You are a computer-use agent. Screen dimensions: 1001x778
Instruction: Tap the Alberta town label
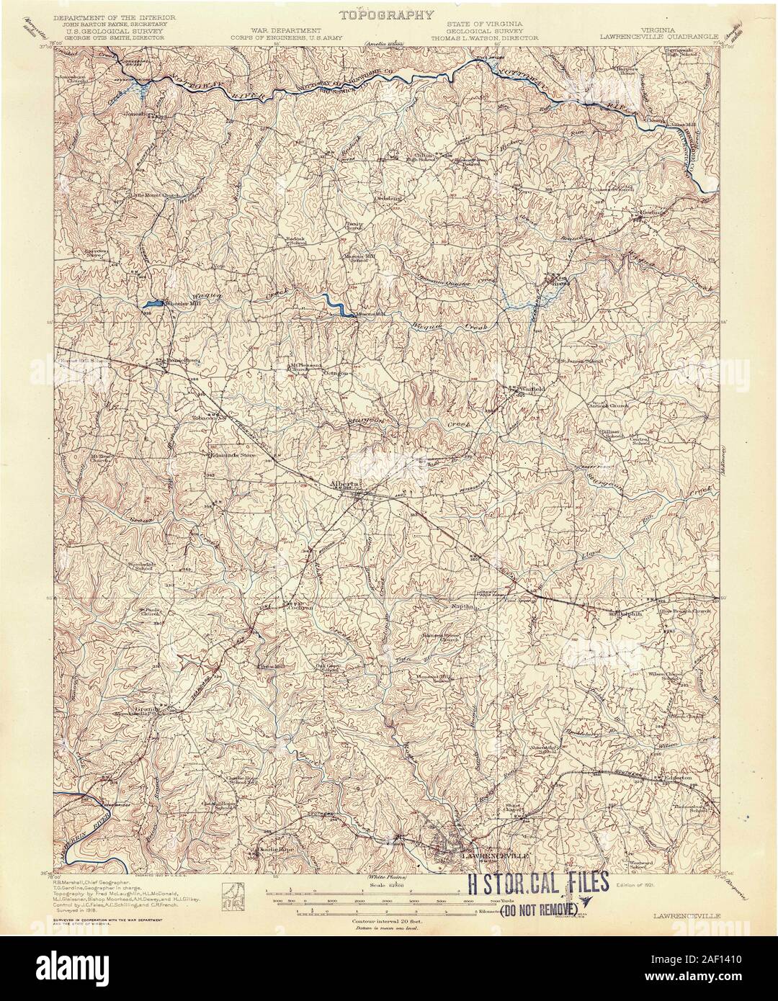point(344,483)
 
